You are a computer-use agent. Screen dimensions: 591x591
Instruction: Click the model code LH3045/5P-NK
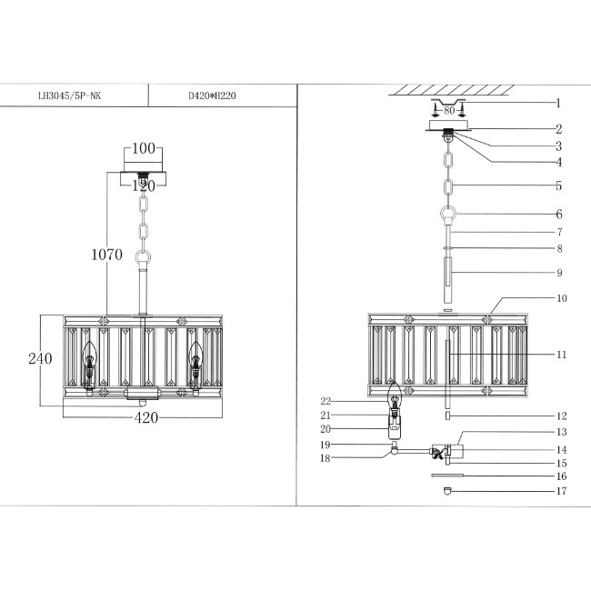tap(69, 95)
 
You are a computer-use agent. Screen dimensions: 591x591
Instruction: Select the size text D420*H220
tap(212, 95)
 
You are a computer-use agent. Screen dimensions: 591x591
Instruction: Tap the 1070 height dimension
tap(106, 255)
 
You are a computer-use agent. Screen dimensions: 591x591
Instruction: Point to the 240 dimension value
tap(40, 358)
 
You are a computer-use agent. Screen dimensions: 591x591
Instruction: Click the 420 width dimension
tap(146, 417)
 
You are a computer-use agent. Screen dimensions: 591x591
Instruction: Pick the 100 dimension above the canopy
tap(144, 148)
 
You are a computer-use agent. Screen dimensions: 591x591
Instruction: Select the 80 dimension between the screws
tap(449, 110)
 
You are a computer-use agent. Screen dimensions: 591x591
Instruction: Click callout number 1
tap(558, 104)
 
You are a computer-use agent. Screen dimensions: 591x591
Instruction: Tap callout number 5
tap(558, 185)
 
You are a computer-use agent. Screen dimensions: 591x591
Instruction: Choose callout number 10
tap(562, 298)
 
